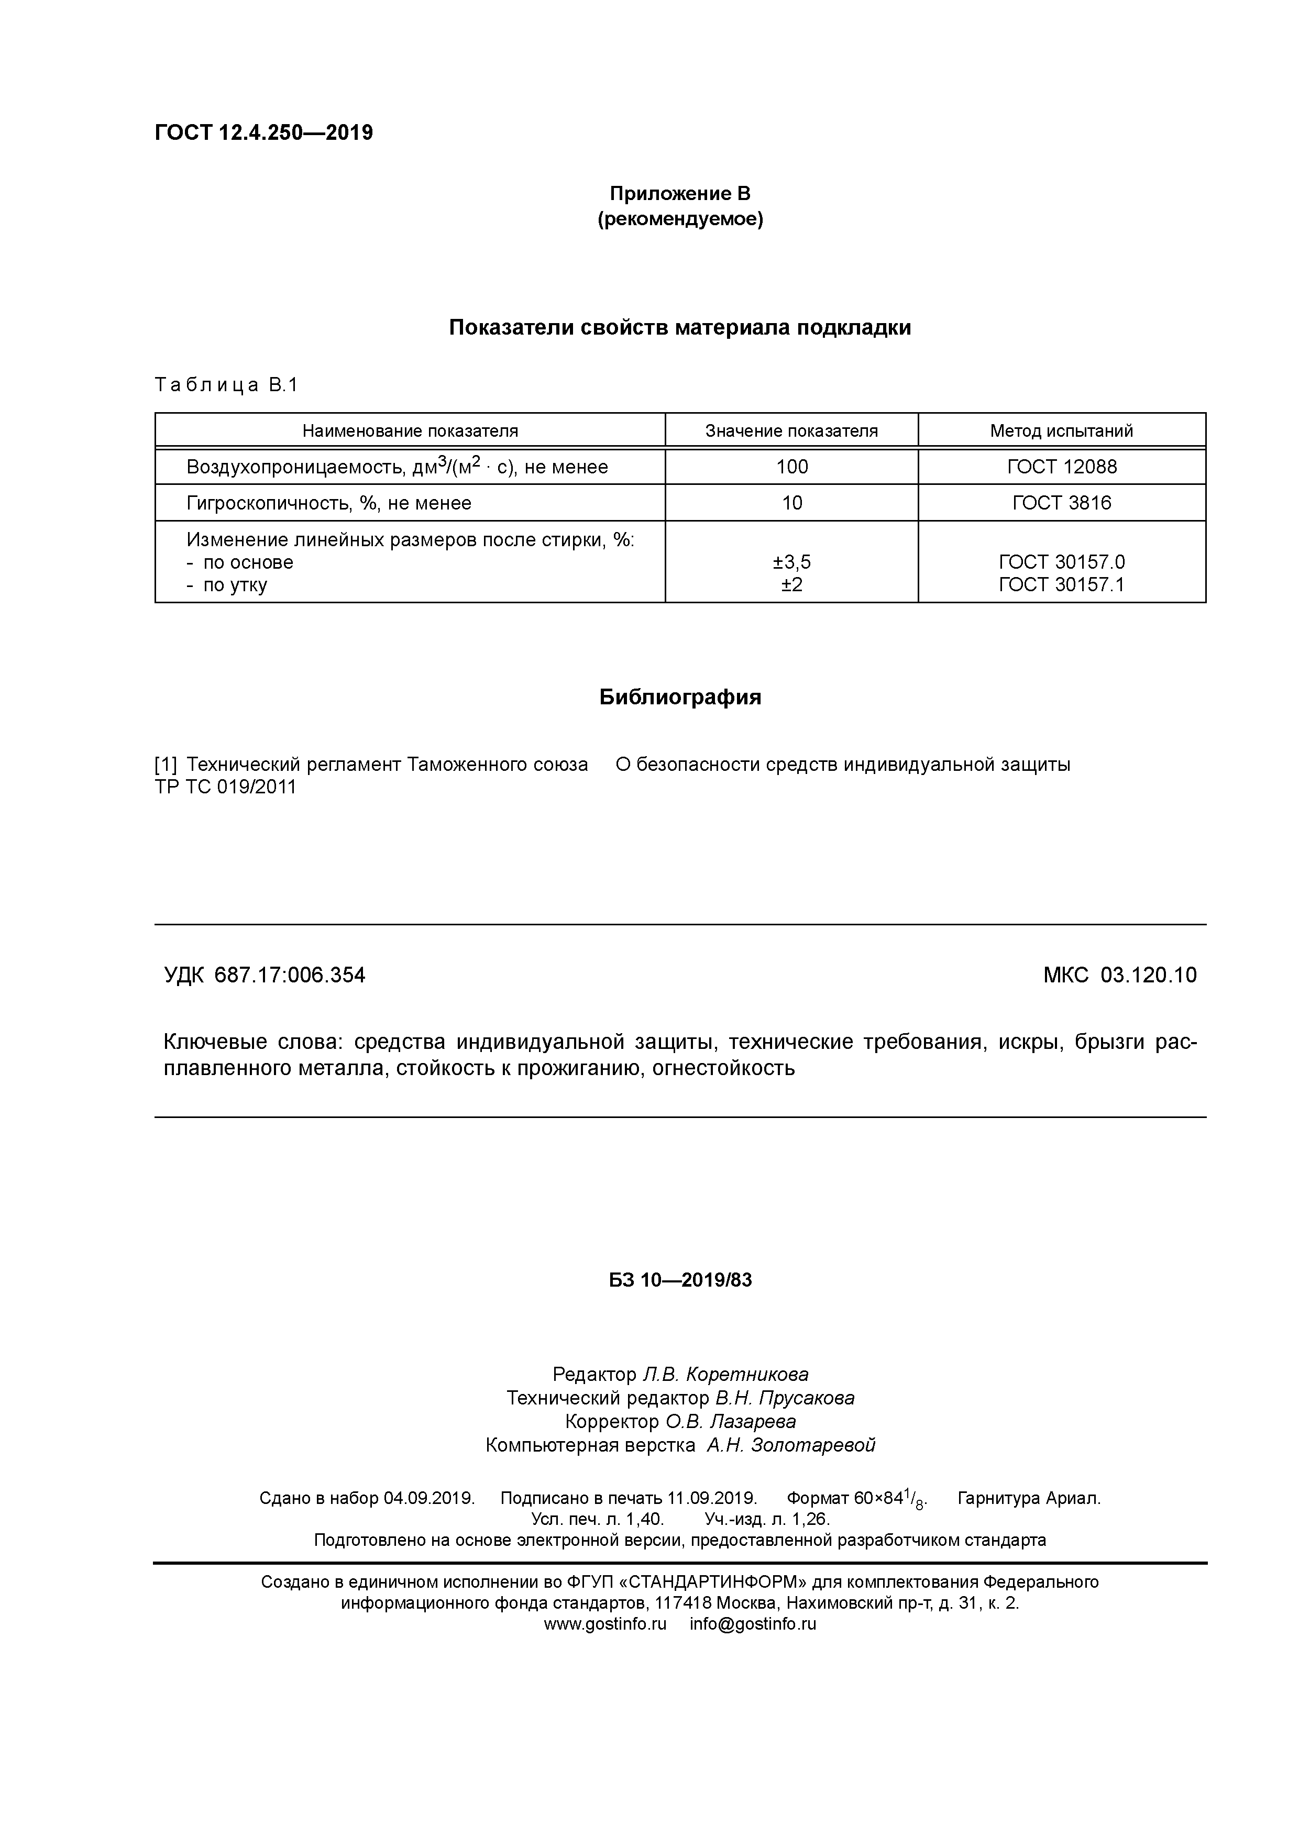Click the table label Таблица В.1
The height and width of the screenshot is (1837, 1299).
[226, 385]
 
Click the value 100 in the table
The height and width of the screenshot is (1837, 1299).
[791, 467]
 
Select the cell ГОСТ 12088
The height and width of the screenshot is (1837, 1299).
[1061, 467]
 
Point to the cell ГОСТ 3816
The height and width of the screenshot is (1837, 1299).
[1061, 503]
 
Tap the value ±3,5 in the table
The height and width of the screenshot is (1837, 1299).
[791, 562]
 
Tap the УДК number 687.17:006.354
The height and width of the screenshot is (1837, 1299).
[290, 975]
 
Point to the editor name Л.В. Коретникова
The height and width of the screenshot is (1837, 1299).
[725, 1375]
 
